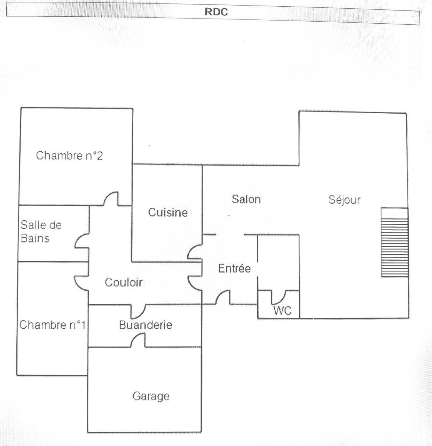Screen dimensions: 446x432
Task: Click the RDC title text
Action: pyautogui.click(x=216, y=11)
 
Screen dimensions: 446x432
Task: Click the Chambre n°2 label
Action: pyautogui.click(x=69, y=155)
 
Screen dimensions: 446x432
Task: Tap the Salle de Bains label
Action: pyautogui.click(x=41, y=231)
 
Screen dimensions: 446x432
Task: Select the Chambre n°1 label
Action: pyautogui.click(x=52, y=325)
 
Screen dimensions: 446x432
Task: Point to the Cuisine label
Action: pyautogui.click(x=168, y=212)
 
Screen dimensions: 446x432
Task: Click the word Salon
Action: pyautogui.click(x=246, y=199)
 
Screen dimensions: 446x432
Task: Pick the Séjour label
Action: pyautogui.click(x=344, y=200)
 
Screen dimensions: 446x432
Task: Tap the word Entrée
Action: pyautogui.click(x=234, y=268)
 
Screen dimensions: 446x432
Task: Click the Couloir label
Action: pyautogui.click(x=124, y=282)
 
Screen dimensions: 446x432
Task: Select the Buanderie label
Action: pyautogui.click(x=146, y=325)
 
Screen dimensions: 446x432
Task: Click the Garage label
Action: pyautogui.click(x=151, y=396)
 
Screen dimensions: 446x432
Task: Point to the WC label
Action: pyautogui.click(x=282, y=310)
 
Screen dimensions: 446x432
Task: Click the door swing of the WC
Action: pyautogui.click(x=278, y=297)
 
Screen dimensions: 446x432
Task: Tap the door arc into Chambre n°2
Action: pyautogui.click(x=111, y=199)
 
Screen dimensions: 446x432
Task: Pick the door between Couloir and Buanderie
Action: pyautogui.click(x=138, y=310)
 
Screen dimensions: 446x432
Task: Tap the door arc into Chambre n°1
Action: pyautogui.click(x=81, y=283)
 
